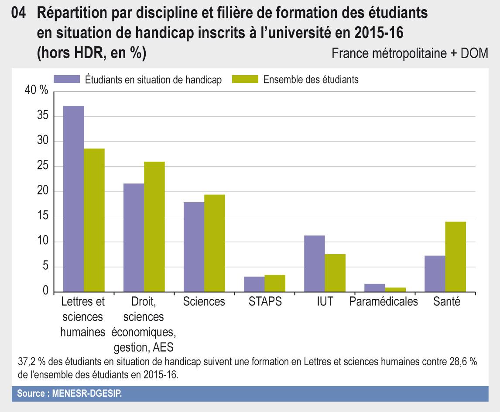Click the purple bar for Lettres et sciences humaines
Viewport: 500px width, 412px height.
click(x=73, y=199)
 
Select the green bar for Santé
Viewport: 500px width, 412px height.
click(x=455, y=257)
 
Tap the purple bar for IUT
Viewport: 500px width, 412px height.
click(x=314, y=263)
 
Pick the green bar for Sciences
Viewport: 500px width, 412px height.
click(x=215, y=243)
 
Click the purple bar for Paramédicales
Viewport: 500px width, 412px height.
click(x=374, y=288)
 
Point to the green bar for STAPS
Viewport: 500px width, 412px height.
click(x=275, y=284)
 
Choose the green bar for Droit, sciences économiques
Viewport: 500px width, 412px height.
click(x=154, y=227)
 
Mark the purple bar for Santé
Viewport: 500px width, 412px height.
click(x=435, y=274)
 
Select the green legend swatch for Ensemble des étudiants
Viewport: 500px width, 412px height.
click(x=245, y=79)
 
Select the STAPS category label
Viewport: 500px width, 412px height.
click(x=265, y=302)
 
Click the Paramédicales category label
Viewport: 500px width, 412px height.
click(x=384, y=302)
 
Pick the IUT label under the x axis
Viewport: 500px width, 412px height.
click(x=325, y=302)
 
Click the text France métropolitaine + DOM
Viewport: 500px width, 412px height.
click(x=409, y=53)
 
